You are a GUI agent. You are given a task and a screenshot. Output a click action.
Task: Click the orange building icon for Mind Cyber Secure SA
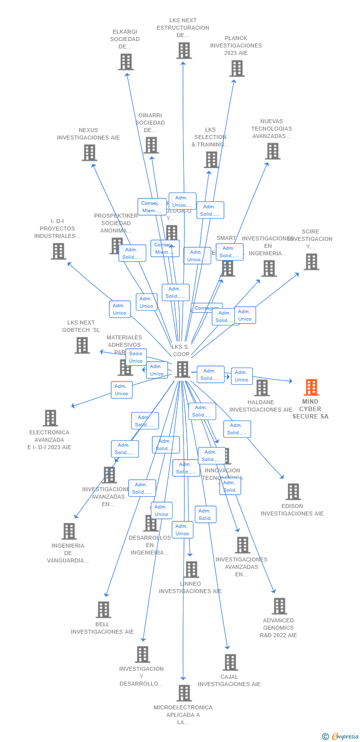click(311, 387)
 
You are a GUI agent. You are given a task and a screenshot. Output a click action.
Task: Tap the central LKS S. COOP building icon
click(182, 369)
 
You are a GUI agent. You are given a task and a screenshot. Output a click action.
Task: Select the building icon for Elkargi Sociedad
click(126, 62)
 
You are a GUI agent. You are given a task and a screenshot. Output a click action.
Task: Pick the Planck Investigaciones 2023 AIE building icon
click(237, 68)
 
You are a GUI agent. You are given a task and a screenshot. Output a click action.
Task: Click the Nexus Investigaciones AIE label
click(89, 134)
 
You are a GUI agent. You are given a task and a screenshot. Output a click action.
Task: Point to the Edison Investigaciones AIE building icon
click(293, 492)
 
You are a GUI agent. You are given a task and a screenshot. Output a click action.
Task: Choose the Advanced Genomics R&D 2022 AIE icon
click(279, 606)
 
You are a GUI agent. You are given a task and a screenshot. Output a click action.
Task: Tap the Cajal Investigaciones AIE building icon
click(230, 662)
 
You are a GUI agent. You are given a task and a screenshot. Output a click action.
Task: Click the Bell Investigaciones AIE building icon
click(103, 609)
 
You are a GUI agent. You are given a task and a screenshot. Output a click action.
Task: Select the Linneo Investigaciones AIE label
click(190, 588)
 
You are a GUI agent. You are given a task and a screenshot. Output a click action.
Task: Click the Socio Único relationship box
click(136, 357)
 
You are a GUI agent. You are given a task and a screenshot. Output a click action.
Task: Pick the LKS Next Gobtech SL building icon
click(82, 345)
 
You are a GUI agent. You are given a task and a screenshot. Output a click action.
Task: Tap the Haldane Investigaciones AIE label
click(261, 406)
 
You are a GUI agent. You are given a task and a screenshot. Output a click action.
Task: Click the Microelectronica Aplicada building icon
click(184, 693)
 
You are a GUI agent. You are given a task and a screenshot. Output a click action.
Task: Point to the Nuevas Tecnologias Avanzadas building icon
click(272, 151)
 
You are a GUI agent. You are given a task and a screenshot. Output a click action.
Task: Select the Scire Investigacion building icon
click(311, 262)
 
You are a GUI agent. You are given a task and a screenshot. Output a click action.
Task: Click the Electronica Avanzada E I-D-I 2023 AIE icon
click(50, 418)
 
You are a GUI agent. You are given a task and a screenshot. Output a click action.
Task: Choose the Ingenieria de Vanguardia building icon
click(69, 531)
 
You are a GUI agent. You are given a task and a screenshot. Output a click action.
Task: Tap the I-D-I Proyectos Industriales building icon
click(58, 251)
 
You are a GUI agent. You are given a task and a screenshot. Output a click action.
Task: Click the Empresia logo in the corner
click(341, 737)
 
